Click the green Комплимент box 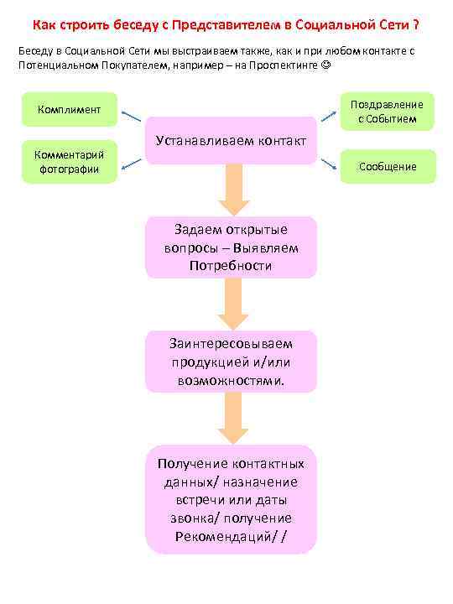[70, 110]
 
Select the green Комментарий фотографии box [69, 161]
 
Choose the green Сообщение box [388, 166]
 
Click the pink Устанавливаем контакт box [231, 139]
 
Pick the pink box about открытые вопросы [231, 247]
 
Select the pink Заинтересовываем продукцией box [231, 361]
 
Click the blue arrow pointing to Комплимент [130, 117]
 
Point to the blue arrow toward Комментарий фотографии [130, 164]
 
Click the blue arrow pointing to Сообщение [329, 159]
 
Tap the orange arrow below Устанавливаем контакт [234, 190]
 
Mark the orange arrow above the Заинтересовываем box [234, 305]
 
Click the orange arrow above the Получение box [234, 419]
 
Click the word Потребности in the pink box [231, 265]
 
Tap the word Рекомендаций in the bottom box [223, 536]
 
